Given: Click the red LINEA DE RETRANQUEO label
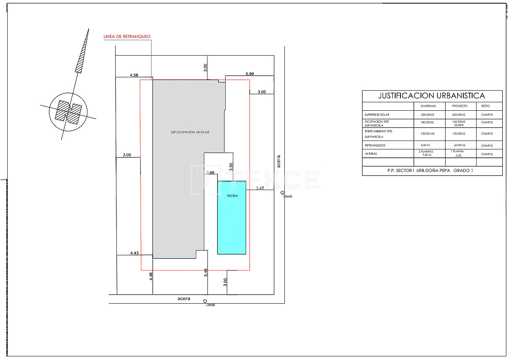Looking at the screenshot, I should coord(127,37).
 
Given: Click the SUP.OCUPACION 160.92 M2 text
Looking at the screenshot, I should coord(189,132).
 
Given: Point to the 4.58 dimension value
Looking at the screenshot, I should coord(134,75).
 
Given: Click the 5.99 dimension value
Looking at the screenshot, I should coord(250,74).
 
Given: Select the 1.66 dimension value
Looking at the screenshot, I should coord(210,172).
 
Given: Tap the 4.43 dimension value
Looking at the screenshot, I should coord(134,253).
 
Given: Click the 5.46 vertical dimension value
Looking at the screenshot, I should coord(206,272).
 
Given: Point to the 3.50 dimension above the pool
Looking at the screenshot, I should coord(231,167).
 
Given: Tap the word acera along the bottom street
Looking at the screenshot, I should coord(184,299).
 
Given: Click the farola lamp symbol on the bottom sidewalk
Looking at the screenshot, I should coord(205,302).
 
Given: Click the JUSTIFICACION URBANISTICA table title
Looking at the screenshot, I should coord(431,96).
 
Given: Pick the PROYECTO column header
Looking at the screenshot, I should coord(460,106).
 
